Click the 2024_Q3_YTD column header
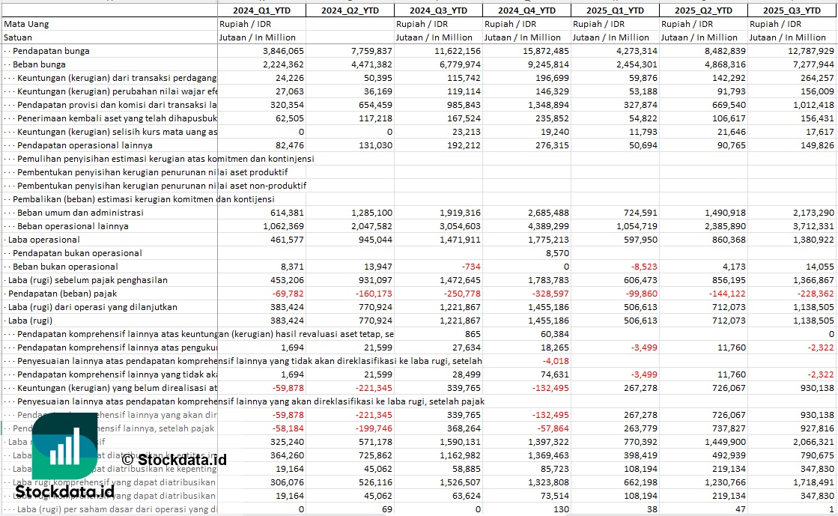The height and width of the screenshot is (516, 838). tap(438, 10)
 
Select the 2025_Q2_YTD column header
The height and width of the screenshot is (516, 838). tap(703, 10)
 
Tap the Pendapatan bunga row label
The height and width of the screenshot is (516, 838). tap(51, 51)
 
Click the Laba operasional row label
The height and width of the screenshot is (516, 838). tap(43, 240)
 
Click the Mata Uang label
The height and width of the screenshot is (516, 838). tap(26, 24)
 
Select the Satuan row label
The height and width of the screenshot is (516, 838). tap(18, 37)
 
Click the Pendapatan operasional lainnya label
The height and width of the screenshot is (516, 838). tap(85, 145)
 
